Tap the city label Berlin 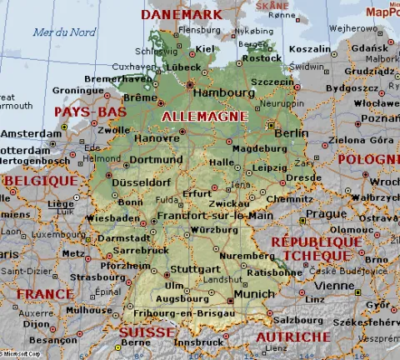(291, 132)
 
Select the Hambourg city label (226, 92)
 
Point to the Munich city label (254, 294)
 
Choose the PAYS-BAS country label (90, 112)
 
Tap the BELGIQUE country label (40, 180)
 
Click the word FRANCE (45, 294)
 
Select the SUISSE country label (147, 332)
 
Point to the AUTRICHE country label (292, 337)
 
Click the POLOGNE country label (367, 159)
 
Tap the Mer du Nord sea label (64, 32)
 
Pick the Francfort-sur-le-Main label (215, 215)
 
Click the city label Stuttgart (198, 269)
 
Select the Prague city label (319, 213)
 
